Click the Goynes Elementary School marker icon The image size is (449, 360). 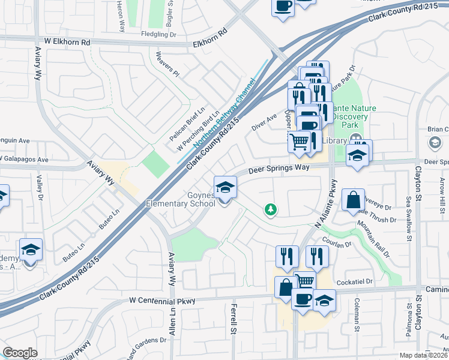click(225, 188)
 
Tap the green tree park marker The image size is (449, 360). click(271, 209)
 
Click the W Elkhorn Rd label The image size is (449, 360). click(67, 43)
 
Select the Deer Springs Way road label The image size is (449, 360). click(284, 168)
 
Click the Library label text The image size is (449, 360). click(335, 140)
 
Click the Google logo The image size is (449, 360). click(20, 353)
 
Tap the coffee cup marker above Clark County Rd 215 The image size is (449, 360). click(282, 7)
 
